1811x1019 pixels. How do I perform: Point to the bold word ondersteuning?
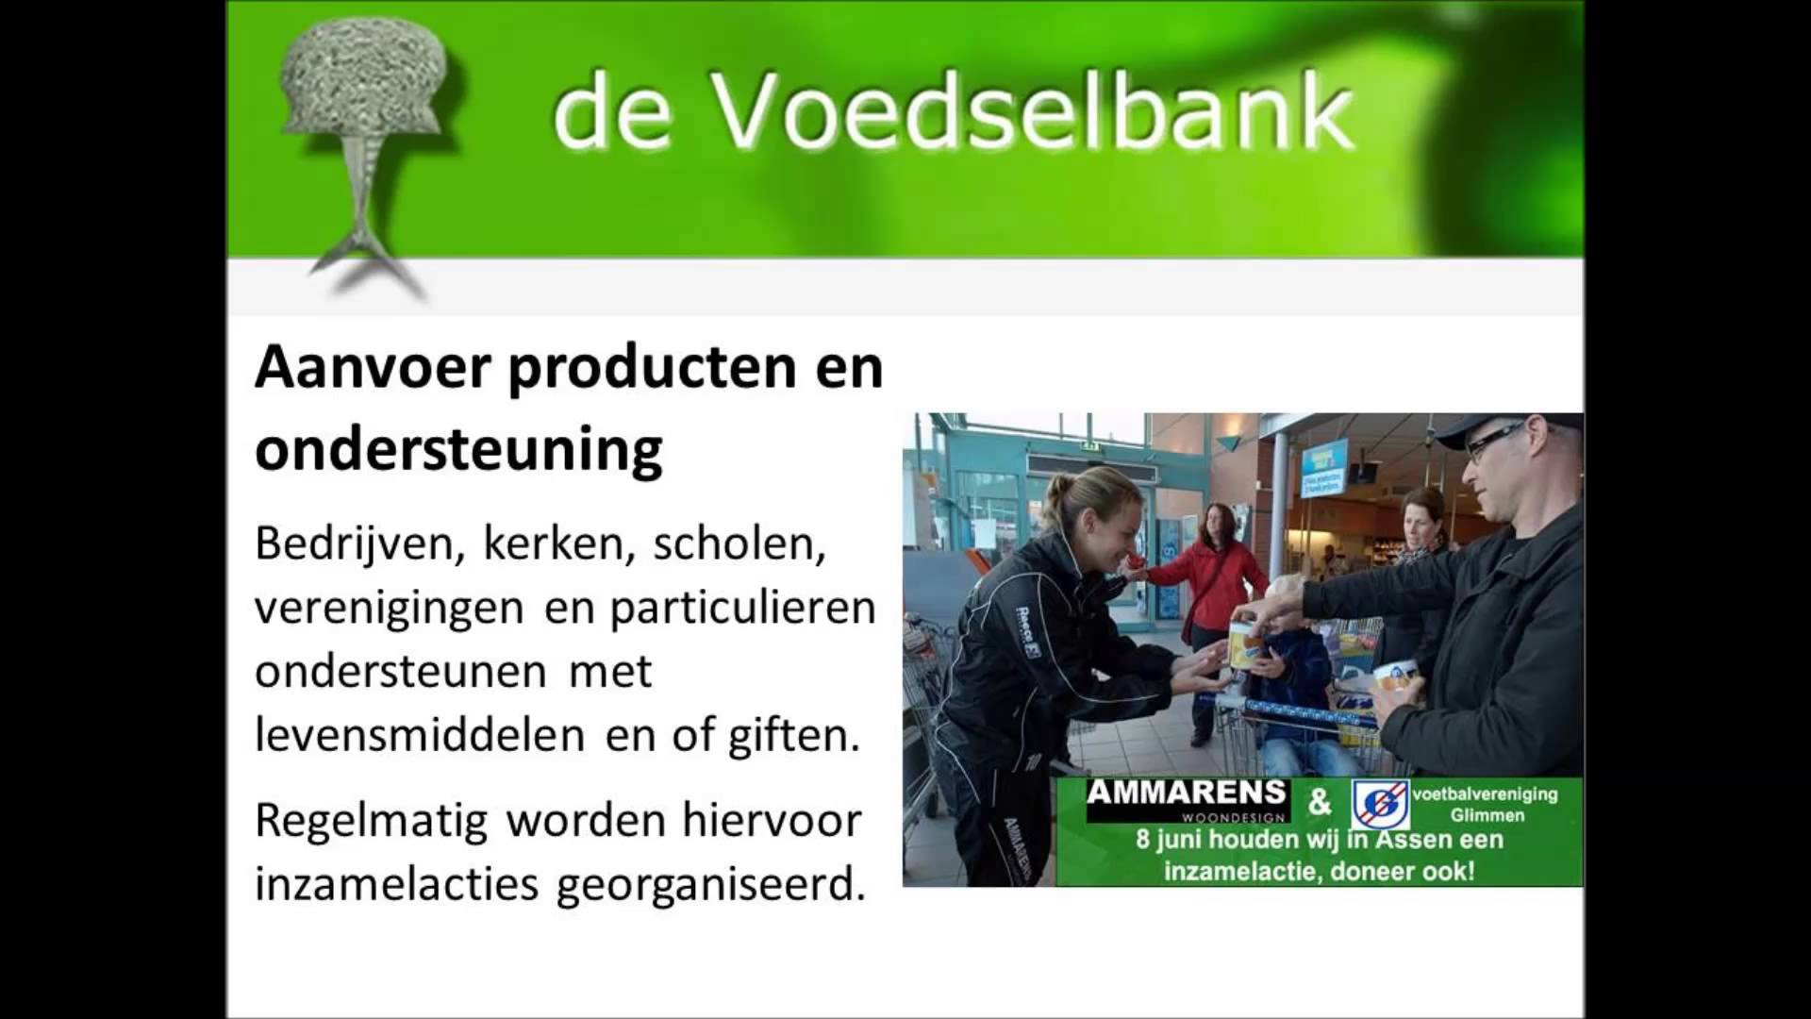458,450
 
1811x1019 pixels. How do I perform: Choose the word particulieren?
743,609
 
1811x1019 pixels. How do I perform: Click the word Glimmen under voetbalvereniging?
1487,815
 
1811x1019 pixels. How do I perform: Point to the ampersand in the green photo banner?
1320,803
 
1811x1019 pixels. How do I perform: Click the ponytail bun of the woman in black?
1062,490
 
